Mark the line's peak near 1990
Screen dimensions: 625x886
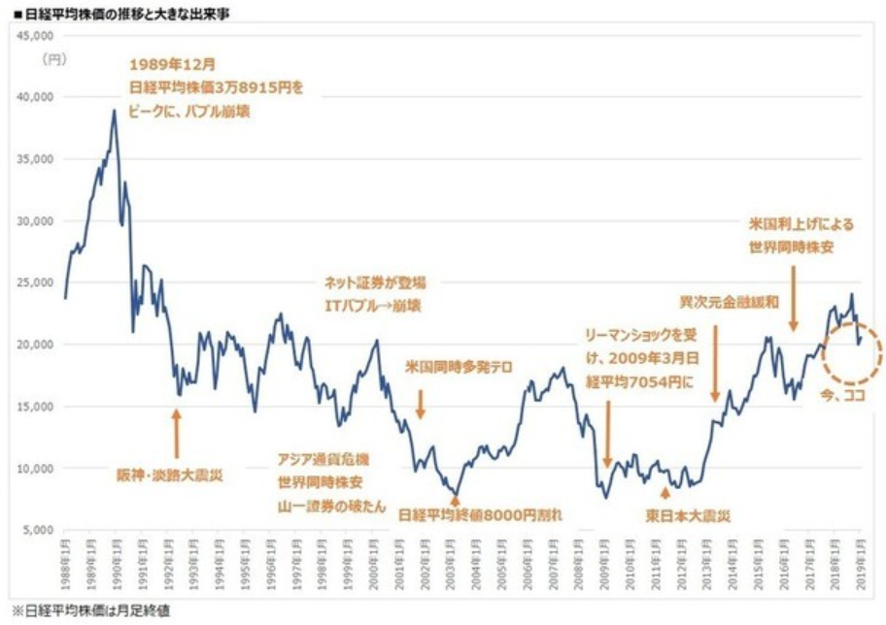[x=114, y=111]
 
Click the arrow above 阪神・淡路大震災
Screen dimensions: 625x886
[x=177, y=432]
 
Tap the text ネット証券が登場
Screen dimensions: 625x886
[x=373, y=282]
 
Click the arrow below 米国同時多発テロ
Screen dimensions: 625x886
[x=421, y=403]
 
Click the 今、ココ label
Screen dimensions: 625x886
[x=837, y=398]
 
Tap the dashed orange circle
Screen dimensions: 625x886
[x=851, y=356]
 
